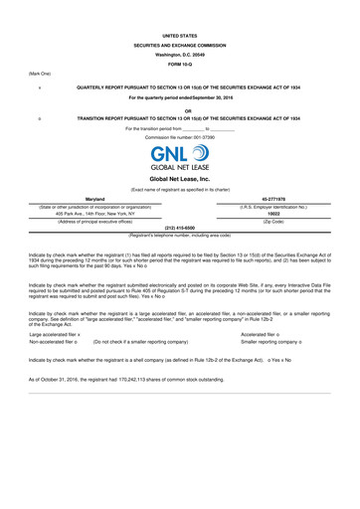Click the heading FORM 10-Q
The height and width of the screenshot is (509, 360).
coord(179,64)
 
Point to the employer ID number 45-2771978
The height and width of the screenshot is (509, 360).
coord(273,199)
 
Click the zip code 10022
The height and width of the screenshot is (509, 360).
coord(273,213)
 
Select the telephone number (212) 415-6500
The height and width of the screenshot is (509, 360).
coord(179,228)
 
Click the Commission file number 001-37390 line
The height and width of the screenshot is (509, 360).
coord(179,136)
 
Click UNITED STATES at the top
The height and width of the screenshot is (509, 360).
coord(179,34)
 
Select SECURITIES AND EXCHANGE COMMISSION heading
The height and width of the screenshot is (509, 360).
coord(179,44)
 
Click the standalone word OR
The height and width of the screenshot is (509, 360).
coord(179,110)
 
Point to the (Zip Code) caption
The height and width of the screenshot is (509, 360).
coord(273,220)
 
